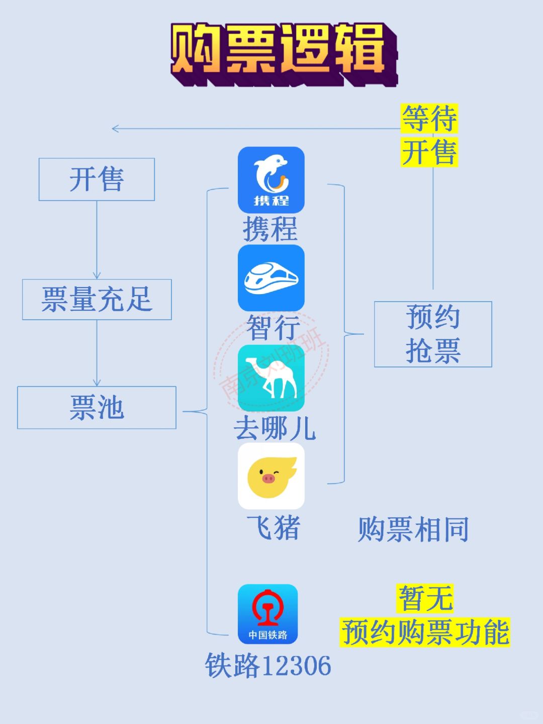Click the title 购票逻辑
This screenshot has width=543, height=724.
[284, 54]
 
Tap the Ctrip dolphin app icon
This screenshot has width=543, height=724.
[271, 180]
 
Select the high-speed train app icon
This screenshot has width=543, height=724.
[271, 278]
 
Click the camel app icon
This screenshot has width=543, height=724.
[271, 378]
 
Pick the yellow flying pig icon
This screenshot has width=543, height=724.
[271, 476]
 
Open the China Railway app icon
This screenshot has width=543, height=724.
[267, 614]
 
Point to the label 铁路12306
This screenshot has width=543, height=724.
[267, 665]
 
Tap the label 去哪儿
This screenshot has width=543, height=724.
[275, 428]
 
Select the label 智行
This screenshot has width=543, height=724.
[274, 327]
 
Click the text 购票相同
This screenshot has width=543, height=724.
[413, 529]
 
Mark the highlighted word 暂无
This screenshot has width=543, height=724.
[425, 598]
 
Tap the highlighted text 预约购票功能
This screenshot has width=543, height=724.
[425, 632]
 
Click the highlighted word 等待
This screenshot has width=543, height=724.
[429, 119]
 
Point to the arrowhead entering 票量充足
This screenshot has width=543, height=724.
[97, 275]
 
